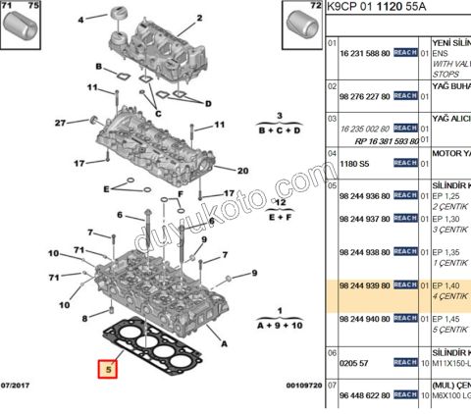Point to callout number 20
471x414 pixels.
pyautogui.click(x=242, y=170)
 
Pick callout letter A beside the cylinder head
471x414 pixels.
pyautogui.click(x=225, y=343)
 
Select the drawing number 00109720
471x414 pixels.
pyautogui.click(x=304, y=387)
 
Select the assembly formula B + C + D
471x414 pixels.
pyautogui.click(x=279, y=129)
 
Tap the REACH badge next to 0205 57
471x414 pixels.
pyautogui.click(x=405, y=362)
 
